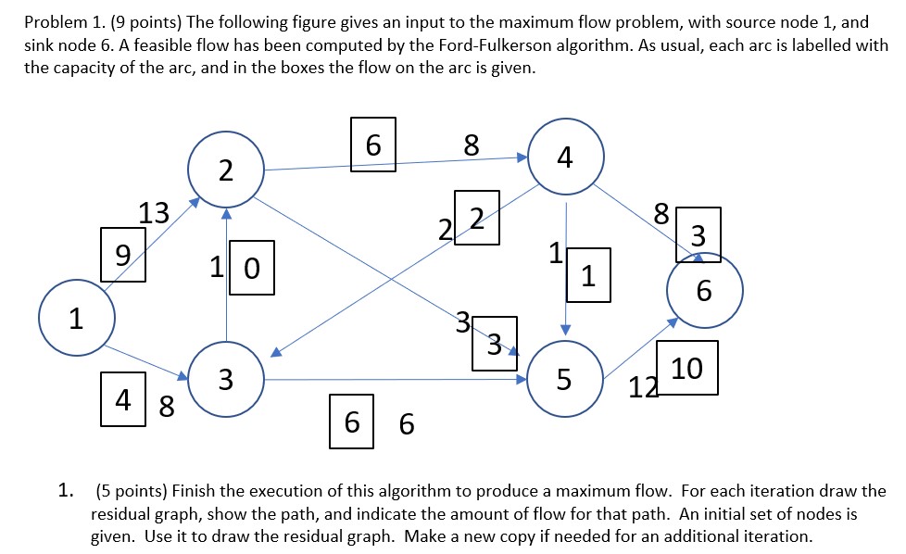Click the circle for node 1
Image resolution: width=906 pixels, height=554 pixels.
click(x=77, y=320)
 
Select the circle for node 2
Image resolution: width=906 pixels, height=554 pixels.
click(x=226, y=170)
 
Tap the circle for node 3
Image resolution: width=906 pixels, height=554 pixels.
click(x=226, y=379)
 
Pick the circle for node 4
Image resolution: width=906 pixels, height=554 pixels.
click(x=565, y=157)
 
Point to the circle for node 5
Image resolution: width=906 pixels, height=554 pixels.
click(x=564, y=379)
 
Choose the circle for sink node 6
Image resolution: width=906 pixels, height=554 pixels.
click(x=704, y=292)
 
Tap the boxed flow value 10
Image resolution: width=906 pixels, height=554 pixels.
click(x=686, y=368)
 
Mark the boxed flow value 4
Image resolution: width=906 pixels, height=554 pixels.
click(x=124, y=401)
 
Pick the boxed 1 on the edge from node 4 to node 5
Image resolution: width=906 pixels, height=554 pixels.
click(x=588, y=275)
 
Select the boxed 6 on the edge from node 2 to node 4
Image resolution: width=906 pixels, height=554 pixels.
click(x=373, y=145)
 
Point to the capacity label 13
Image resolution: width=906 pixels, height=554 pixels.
click(x=154, y=214)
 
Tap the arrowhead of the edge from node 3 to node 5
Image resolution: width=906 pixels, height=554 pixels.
click(x=521, y=379)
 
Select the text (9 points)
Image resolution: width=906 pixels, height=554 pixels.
click(x=144, y=23)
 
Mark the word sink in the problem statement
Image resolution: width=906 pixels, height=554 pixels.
click(x=42, y=46)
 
